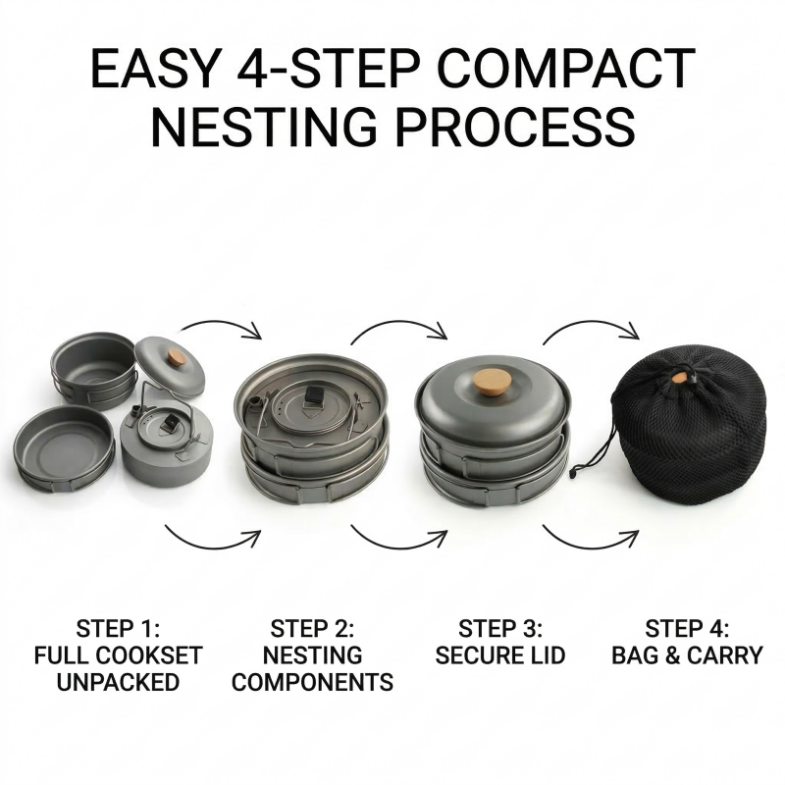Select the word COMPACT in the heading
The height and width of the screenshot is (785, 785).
click(x=566, y=68)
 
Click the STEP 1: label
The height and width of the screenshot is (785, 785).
click(x=118, y=629)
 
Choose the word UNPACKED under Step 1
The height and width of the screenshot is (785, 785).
click(x=118, y=682)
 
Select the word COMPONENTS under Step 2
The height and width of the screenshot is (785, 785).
click(x=312, y=682)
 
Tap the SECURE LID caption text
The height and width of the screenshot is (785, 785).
click(x=500, y=655)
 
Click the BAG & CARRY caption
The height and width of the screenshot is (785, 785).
click(x=687, y=655)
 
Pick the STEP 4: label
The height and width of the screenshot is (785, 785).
click(x=687, y=629)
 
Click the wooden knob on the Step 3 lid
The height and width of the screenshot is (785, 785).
click(x=494, y=382)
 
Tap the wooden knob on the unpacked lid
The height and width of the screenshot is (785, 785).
click(x=177, y=357)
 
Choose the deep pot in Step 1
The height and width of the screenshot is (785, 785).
click(x=93, y=370)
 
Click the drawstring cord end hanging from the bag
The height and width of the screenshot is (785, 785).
click(x=575, y=472)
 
